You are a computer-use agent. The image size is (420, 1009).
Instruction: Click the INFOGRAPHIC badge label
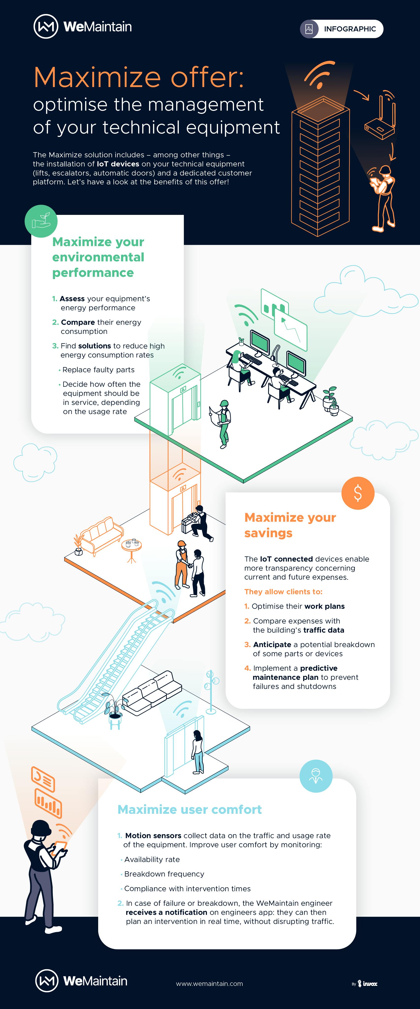(x=350, y=29)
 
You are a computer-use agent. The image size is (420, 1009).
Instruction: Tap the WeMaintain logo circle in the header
(x=46, y=27)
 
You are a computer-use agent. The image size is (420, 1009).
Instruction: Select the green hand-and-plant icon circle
(x=41, y=221)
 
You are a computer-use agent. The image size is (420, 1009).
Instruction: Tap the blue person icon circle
(x=316, y=776)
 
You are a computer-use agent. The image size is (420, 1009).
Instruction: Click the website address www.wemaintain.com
(x=209, y=983)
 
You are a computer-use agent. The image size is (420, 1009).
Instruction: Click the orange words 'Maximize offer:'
(x=139, y=77)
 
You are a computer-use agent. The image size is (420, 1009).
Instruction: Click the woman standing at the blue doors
(x=198, y=752)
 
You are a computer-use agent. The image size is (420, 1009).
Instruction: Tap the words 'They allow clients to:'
(x=283, y=592)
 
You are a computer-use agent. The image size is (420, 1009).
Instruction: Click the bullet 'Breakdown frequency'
(x=164, y=874)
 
